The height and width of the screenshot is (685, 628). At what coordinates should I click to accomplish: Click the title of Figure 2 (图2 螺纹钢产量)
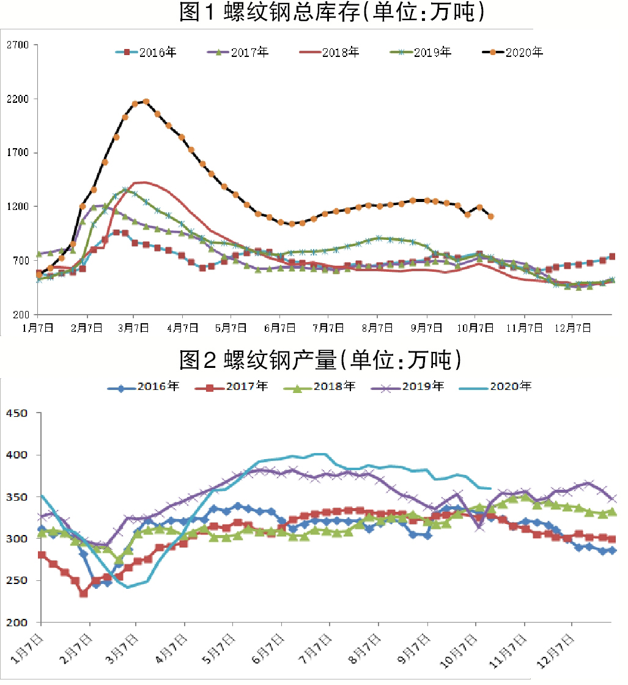tap(320, 360)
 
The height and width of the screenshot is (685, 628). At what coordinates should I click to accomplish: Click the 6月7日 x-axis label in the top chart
tap(279, 328)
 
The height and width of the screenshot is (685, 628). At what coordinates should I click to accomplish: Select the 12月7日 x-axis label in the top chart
tap(573, 328)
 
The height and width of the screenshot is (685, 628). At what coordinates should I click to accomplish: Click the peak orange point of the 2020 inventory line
tap(146, 102)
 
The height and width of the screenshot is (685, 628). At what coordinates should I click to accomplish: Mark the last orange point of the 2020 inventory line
tap(491, 217)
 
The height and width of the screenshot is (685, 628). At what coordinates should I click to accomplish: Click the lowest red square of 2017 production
tap(84, 593)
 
